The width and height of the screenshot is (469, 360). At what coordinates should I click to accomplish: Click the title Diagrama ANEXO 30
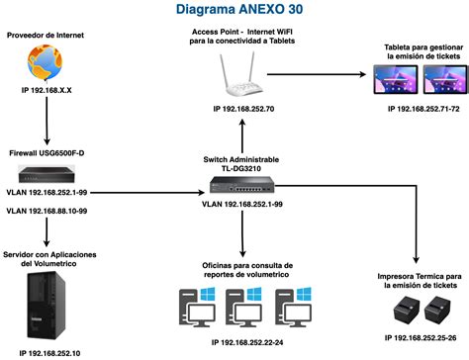coord(234,11)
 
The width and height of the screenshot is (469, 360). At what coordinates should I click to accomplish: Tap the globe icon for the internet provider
coord(46,63)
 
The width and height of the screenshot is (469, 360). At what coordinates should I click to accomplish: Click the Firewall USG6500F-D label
coord(47,154)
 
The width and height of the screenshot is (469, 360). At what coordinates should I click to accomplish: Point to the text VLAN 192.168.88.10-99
coord(47,210)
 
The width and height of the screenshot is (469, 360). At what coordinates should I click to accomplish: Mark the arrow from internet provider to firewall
coord(47,124)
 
